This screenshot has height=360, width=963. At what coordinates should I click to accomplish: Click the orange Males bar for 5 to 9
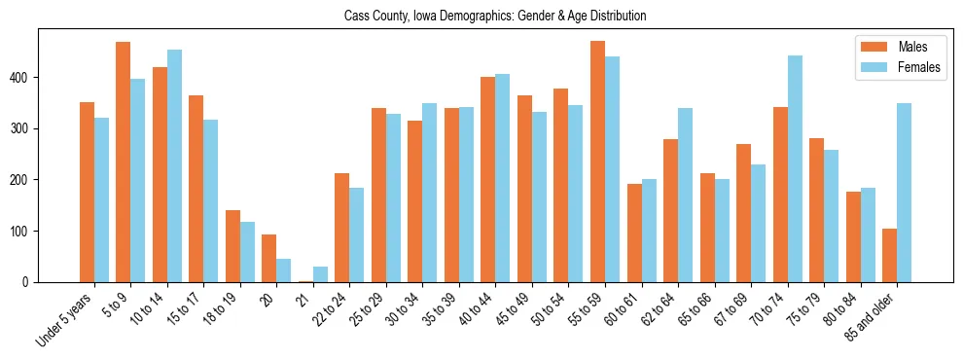(124, 162)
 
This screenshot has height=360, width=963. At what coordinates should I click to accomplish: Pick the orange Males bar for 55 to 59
(597, 162)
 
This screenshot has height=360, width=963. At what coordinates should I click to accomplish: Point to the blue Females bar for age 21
(320, 274)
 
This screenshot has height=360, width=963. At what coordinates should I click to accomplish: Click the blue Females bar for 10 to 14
(174, 165)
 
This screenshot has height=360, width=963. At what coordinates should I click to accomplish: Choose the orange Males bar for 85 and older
(890, 255)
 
